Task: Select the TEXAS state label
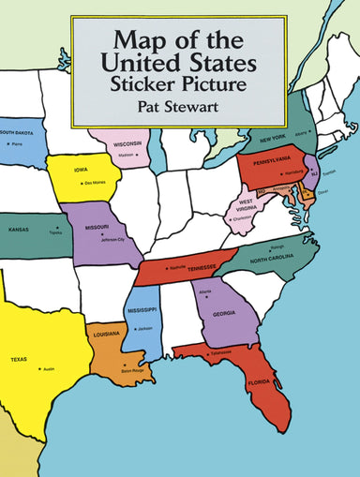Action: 19,359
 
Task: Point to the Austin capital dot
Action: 39,368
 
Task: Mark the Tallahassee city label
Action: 220,352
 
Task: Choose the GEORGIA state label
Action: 223,315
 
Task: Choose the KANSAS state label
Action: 18,229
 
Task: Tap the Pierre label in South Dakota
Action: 17,145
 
